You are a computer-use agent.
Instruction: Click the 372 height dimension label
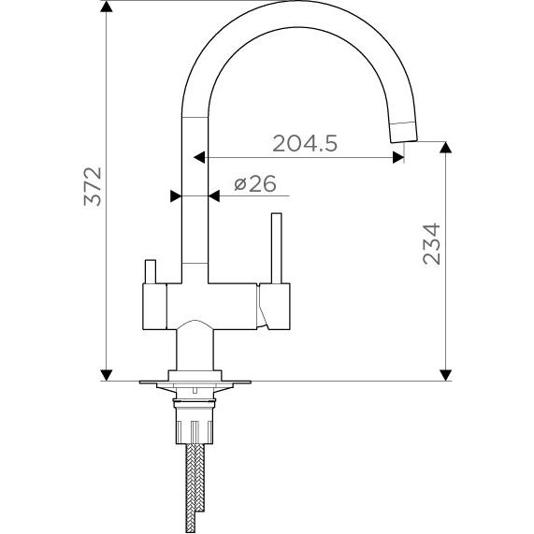[x=93, y=186]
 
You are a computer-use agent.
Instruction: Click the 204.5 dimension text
[x=305, y=143]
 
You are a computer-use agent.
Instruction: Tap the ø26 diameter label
[x=255, y=184]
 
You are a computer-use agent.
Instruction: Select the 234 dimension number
[x=431, y=244]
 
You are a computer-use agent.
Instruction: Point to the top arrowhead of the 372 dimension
[x=107, y=7]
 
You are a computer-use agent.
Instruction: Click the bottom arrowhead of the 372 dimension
[x=107, y=375]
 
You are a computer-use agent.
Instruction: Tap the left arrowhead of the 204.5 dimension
[x=199, y=157]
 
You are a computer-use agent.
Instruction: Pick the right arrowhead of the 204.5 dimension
[x=398, y=157]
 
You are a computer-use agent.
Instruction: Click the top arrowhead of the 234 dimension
[x=445, y=148]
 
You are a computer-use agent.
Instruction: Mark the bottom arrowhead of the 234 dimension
[x=445, y=375]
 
